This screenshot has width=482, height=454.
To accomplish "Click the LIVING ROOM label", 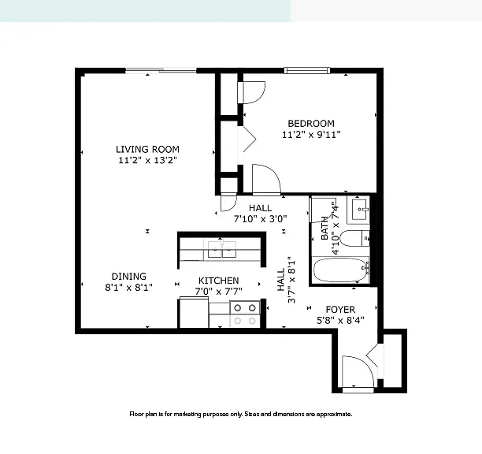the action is (x=147, y=150).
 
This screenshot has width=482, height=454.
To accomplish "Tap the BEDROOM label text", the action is (x=311, y=124).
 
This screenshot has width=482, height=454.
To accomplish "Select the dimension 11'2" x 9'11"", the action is (x=311, y=135).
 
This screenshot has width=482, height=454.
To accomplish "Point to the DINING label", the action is (x=129, y=276).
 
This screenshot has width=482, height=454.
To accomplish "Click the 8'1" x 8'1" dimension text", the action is (x=129, y=287).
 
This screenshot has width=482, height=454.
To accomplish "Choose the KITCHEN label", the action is (x=219, y=281).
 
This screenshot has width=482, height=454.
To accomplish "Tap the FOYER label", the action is (x=340, y=310).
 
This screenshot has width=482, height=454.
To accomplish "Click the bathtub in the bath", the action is (x=340, y=270).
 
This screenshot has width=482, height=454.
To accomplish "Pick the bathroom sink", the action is (x=359, y=210).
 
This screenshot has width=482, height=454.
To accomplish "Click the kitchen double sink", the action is (x=222, y=249).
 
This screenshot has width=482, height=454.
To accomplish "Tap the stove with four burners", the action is (x=245, y=314).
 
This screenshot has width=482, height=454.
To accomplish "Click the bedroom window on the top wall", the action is (x=307, y=70).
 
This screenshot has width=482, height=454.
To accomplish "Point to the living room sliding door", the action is (x=161, y=70).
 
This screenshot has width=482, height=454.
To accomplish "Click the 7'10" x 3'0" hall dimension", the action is (x=261, y=219).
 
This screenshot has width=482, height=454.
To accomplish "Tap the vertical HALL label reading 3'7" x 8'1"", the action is (x=286, y=281).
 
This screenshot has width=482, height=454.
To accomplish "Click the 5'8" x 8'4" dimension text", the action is (x=340, y=321).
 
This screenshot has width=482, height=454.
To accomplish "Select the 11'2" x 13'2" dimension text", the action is (x=148, y=160).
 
